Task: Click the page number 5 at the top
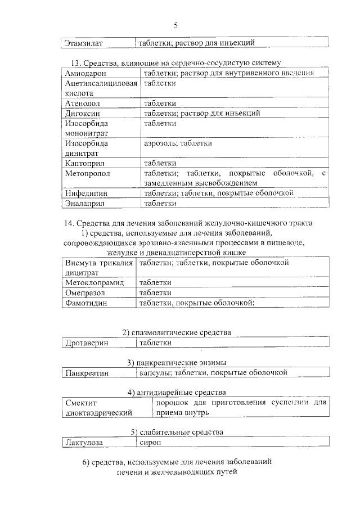tap(175, 25)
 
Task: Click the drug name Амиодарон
tap(85, 74)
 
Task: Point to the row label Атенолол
tap(83, 103)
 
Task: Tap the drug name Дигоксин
tap(83, 113)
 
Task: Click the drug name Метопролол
tap(88, 173)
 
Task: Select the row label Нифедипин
tap(87, 193)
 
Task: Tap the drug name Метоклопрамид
tap(94, 283)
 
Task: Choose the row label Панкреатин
tap(87, 373)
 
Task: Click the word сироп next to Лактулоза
tap(150, 443)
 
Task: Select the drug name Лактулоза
tap(84, 443)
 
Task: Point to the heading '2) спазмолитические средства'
tap(177, 332)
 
